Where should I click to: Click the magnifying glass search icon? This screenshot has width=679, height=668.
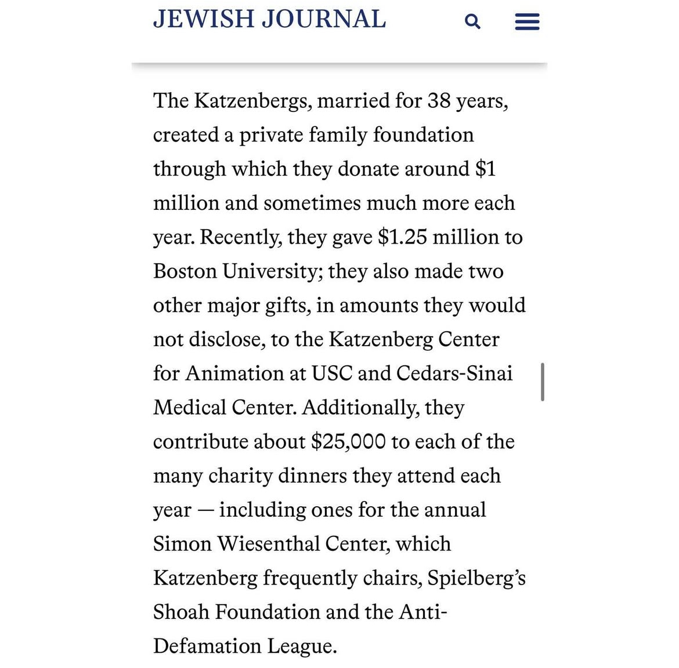click(472, 22)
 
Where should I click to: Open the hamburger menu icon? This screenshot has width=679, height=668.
click(527, 22)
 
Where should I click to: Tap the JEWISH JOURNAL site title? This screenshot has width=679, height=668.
click(269, 19)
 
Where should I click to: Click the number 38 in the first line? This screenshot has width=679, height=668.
click(439, 101)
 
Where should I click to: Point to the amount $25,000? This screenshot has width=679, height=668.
click(348, 442)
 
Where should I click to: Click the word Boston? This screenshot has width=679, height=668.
click(185, 271)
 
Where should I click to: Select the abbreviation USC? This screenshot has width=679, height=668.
click(331, 373)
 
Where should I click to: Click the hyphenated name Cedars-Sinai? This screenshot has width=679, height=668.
click(454, 373)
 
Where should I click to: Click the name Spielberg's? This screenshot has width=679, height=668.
click(476, 578)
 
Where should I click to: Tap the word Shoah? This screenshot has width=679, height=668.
click(181, 612)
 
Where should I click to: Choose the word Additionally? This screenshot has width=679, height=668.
click(360, 408)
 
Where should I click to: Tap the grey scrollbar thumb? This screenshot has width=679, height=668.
click(542, 382)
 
